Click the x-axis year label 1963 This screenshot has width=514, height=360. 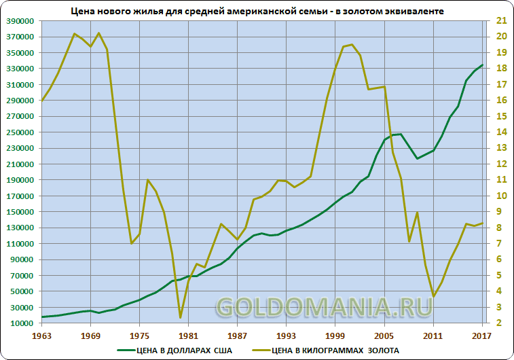(x=42, y=336)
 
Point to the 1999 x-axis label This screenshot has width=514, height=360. (x=335, y=336)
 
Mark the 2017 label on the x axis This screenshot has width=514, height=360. (x=481, y=336)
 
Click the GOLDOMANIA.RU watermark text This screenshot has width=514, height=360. (x=323, y=308)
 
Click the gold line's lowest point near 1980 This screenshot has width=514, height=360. (x=181, y=317)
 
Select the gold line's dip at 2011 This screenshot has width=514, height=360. (x=433, y=296)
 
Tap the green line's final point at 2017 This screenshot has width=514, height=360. (x=482, y=65)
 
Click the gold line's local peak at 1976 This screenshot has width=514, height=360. (x=148, y=180)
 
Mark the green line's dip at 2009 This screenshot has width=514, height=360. (x=417, y=158)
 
